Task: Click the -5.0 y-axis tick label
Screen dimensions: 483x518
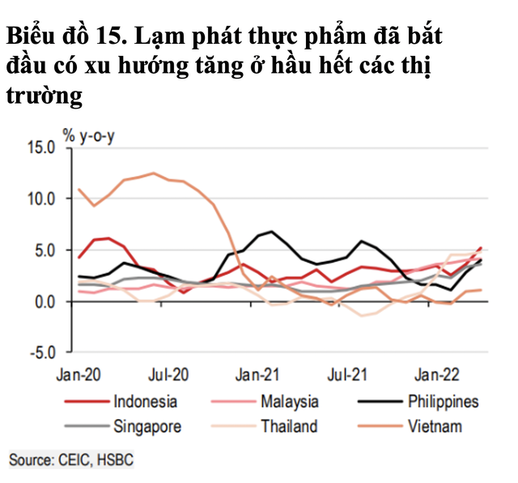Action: tap(40, 353)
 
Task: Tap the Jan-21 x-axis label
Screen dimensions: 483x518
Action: tap(257, 374)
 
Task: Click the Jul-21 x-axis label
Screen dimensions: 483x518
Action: tap(346, 374)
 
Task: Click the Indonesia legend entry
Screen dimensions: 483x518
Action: tap(145, 401)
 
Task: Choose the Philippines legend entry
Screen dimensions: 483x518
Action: tap(443, 401)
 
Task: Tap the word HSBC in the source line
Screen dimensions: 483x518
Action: tap(115, 459)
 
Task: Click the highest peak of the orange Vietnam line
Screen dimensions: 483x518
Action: tap(153, 173)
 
